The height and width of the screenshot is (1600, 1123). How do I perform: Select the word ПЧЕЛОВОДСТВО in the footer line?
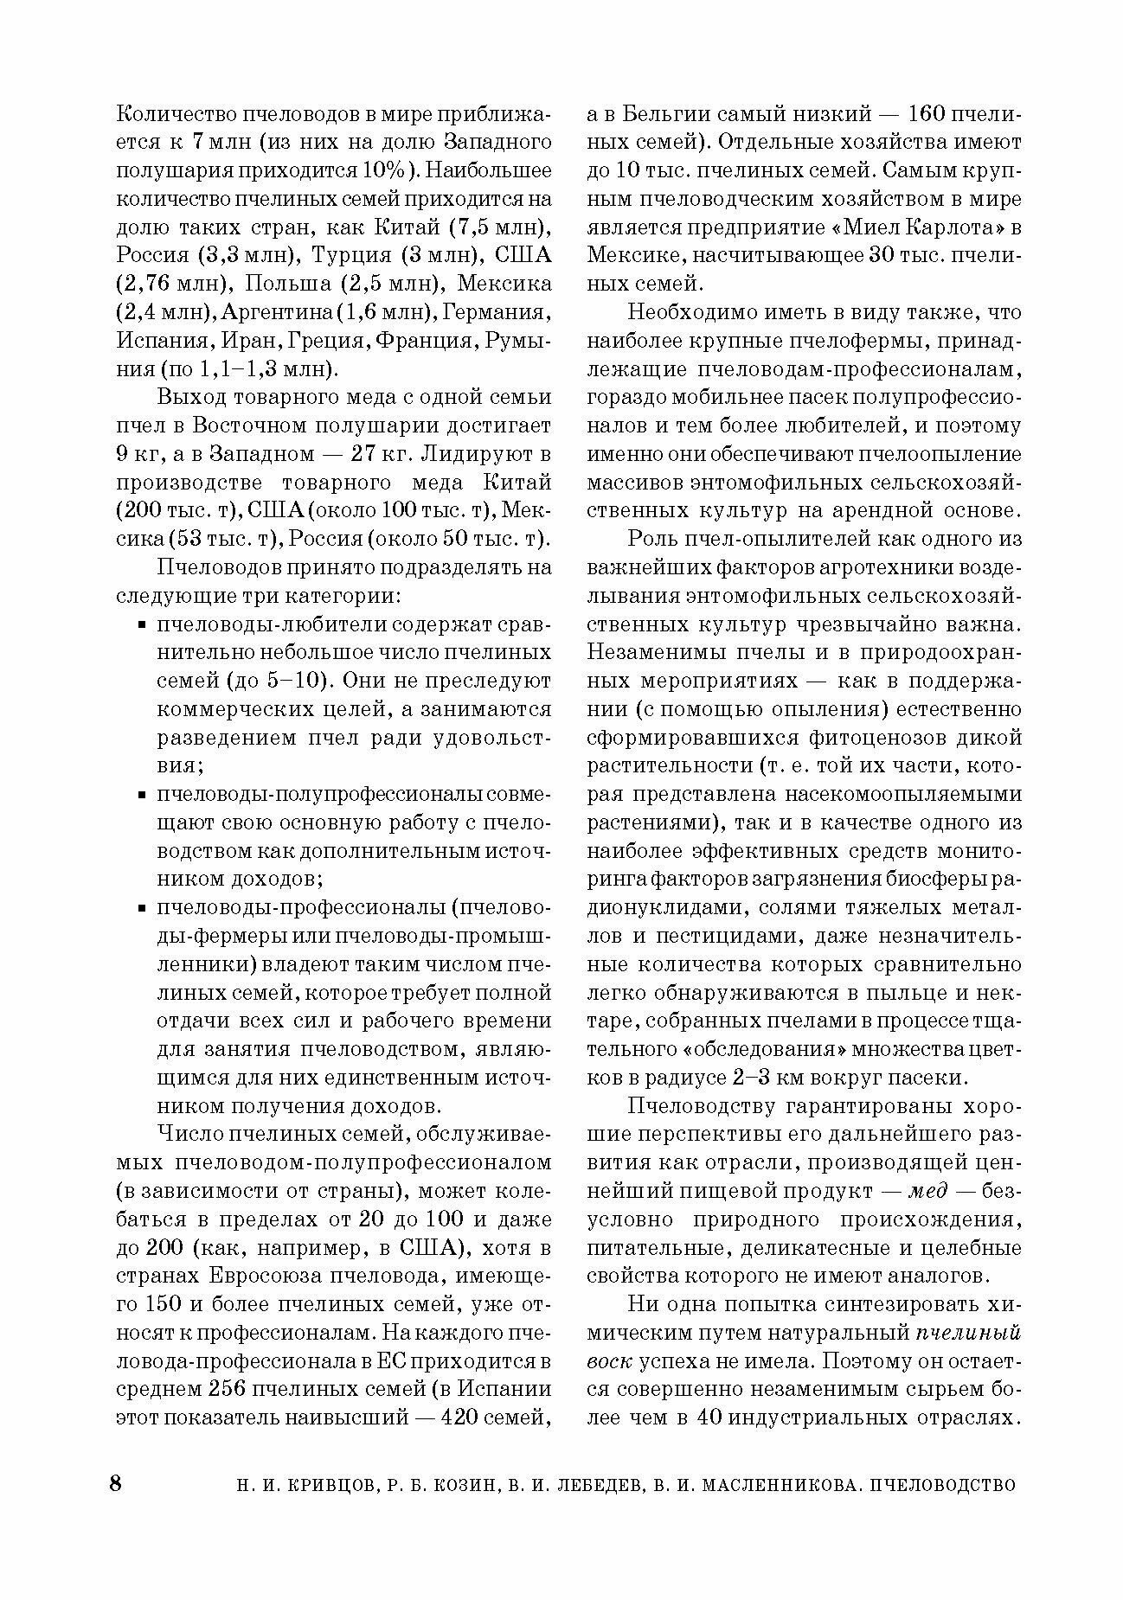945,1485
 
